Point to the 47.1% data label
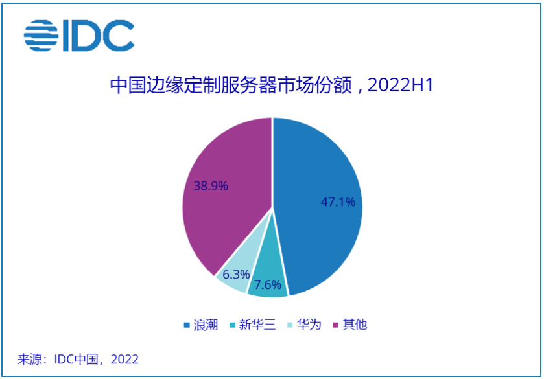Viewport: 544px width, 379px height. pos(338,202)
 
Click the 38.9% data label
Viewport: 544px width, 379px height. pos(211,186)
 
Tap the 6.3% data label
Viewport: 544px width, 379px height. pos(235,274)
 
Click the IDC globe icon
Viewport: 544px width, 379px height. pos(40,36)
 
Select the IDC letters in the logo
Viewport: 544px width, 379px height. pos(97,36)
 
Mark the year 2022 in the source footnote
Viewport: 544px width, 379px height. pos(125,359)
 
